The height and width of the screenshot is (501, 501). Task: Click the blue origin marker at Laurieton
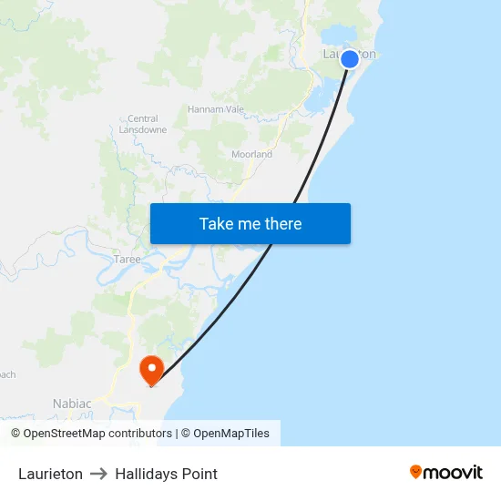[x=350, y=59]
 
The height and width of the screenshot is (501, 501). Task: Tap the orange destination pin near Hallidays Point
[x=150, y=368]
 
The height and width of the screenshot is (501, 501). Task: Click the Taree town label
[x=128, y=260]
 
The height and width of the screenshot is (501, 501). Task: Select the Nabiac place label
[x=72, y=404]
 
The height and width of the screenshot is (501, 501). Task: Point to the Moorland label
[x=251, y=155]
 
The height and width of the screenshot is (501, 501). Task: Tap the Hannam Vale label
[x=216, y=109]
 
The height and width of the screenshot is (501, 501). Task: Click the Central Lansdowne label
[x=143, y=124]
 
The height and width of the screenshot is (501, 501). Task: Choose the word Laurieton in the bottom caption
[x=50, y=474]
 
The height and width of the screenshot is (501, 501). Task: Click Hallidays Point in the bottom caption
[x=166, y=474]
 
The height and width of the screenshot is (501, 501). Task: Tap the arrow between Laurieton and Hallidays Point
[x=98, y=474]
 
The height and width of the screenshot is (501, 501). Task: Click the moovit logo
[x=446, y=472]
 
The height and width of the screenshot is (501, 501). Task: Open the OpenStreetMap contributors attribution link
[x=91, y=434]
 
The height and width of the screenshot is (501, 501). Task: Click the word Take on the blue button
[x=217, y=224]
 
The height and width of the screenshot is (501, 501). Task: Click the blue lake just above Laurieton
[x=340, y=34]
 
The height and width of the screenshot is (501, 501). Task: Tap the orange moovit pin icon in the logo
[x=416, y=472]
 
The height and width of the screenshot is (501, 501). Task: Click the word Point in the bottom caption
[x=199, y=474]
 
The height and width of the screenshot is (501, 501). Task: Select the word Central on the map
[x=143, y=118]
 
